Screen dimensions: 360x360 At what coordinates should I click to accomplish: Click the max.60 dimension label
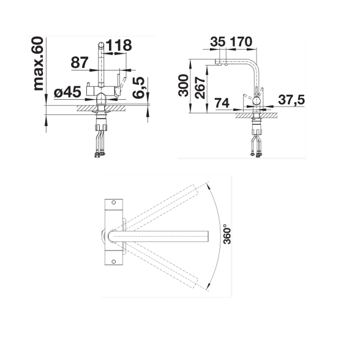tap(39, 64)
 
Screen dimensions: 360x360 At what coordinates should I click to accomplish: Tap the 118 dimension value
tap(119, 45)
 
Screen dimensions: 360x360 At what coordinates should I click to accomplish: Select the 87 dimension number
tap(80, 62)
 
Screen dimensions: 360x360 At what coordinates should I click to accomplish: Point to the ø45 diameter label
tap(67, 92)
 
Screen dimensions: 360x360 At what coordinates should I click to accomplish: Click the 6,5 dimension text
tap(138, 88)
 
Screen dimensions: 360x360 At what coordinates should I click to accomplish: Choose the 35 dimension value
tap(218, 42)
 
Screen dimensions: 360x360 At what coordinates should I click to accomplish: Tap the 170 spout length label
tap(241, 42)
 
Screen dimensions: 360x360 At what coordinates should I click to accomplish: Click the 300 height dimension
tap(184, 85)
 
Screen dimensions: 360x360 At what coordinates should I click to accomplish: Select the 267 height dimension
tap(200, 88)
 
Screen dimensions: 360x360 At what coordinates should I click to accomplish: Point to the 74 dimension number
tap(222, 103)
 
